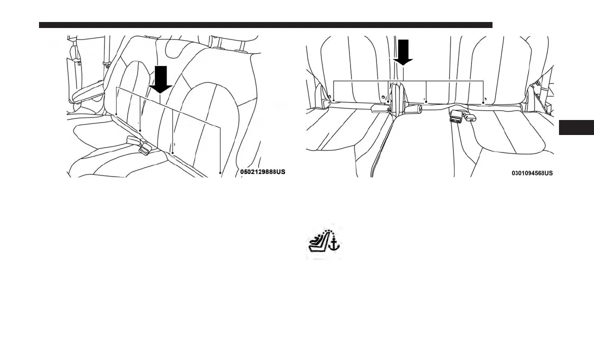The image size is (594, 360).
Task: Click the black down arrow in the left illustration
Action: tap(160, 80)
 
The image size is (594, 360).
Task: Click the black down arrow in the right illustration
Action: tap(402, 52)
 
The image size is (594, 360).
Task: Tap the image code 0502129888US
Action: tap(262, 172)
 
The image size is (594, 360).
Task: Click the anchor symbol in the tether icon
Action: tap(335, 244)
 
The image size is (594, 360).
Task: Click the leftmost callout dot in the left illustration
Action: tap(116, 114)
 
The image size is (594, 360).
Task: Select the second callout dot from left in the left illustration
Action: tap(140, 130)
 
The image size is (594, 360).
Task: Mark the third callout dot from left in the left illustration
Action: tap(172, 152)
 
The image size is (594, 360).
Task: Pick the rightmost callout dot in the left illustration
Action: tap(220, 173)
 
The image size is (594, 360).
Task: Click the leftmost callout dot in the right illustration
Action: tap(333, 101)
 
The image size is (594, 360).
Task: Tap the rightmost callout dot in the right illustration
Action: tap(483, 102)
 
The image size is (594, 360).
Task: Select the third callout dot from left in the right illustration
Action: tap(425, 101)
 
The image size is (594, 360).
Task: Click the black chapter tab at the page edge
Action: tap(575, 127)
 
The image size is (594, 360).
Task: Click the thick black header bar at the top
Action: tap(265, 25)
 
